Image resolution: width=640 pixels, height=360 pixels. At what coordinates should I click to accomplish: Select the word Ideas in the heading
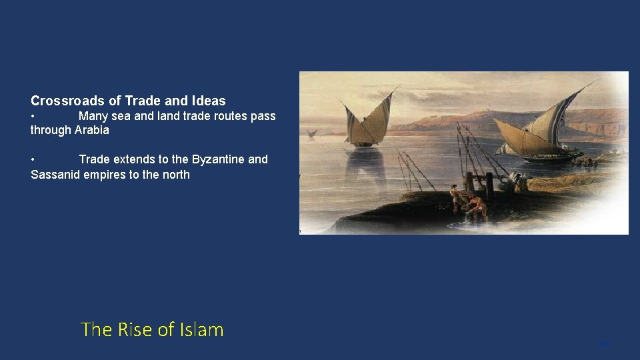(209, 101)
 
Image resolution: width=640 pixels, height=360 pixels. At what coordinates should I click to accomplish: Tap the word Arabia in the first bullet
(92, 130)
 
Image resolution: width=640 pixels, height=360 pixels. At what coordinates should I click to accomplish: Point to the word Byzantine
(218, 159)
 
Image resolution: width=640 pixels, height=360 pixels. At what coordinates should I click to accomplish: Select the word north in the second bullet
(175, 175)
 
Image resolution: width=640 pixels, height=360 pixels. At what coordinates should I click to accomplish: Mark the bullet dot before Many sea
(33, 116)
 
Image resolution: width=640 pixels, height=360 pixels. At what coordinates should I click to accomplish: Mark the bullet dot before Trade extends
(33, 159)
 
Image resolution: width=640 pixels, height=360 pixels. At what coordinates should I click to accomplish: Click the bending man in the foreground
(477, 207)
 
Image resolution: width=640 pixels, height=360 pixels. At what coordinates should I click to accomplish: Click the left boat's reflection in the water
(367, 167)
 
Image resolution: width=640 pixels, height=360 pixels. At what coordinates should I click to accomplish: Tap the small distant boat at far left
(311, 133)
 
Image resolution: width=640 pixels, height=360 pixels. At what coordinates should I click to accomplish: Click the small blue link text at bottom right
(605, 344)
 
